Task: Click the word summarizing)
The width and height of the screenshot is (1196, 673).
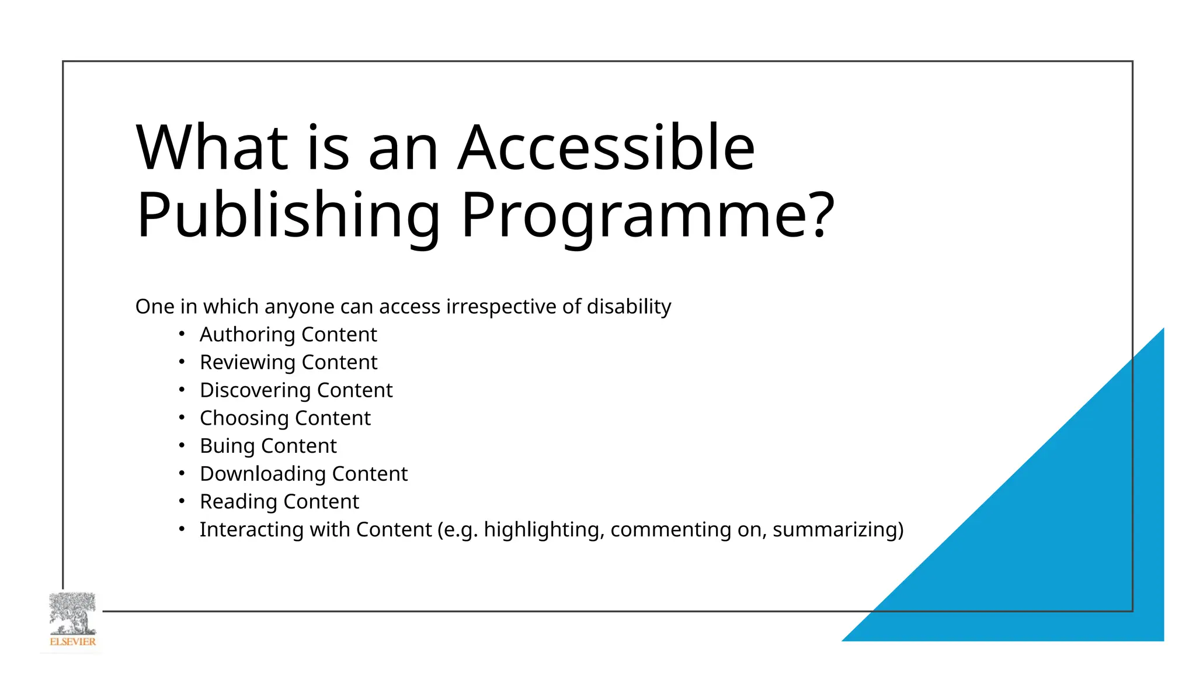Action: (838, 529)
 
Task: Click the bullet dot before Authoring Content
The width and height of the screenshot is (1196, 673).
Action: (182, 334)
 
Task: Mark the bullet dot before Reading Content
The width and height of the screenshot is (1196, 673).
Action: (182, 501)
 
